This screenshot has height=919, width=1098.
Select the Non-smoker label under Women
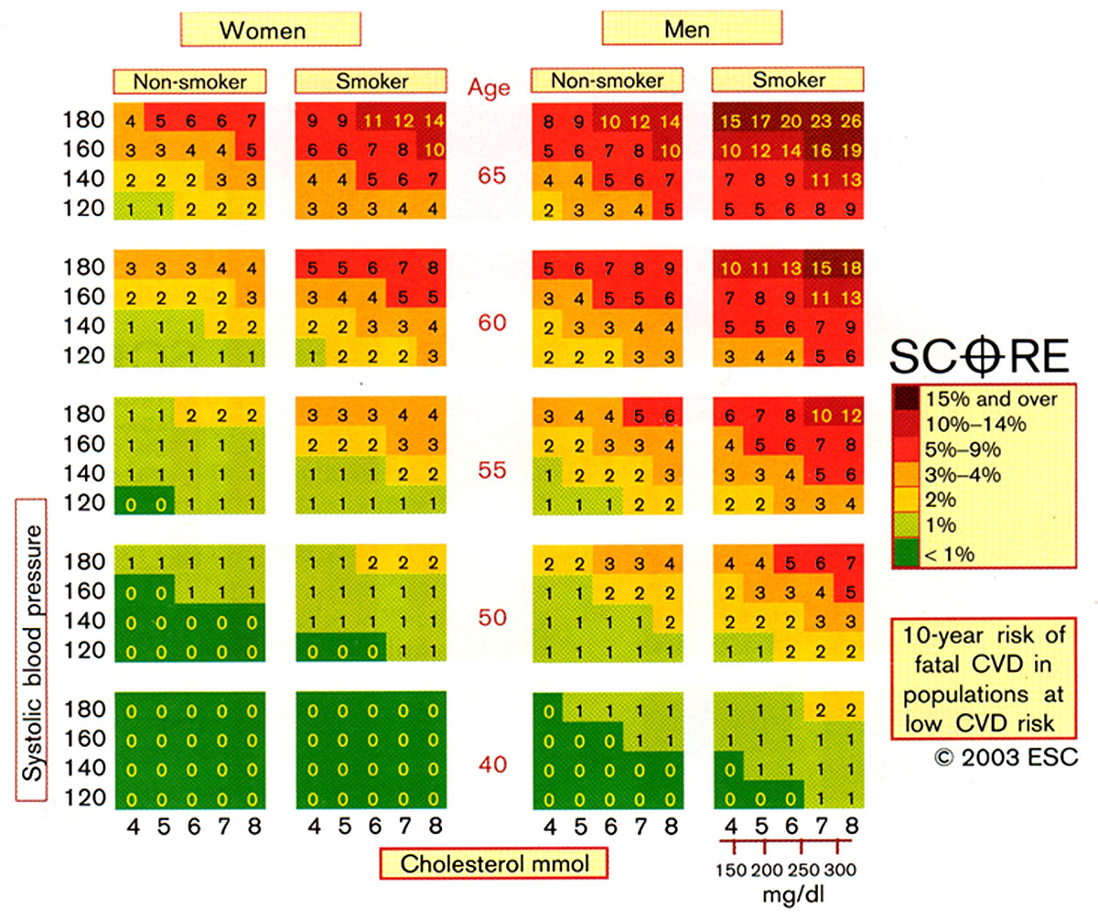189,81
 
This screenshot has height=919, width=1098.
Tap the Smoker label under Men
788,81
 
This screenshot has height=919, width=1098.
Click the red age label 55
491,470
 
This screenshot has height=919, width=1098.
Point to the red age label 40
491,764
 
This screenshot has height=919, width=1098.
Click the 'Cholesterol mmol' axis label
494,862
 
